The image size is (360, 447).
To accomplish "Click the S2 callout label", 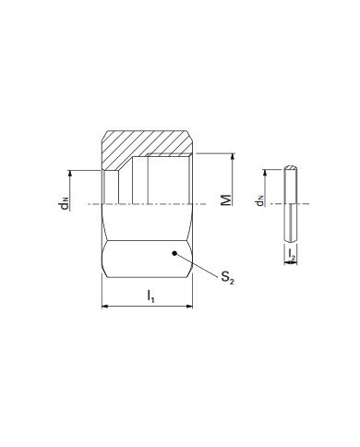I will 227,276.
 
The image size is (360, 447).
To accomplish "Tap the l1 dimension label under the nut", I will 150,296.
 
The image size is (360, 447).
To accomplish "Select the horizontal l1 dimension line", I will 147,306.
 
